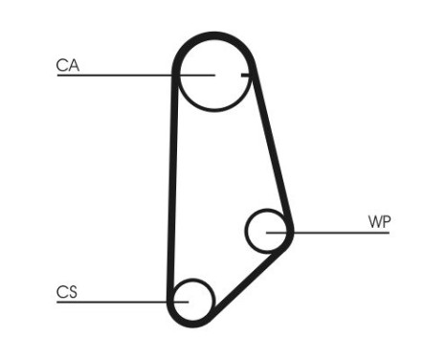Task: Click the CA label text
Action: (x=67, y=65)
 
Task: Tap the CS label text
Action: (x=67, y=292)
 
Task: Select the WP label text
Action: (x=379, y=222)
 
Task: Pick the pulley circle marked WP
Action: (x=267, y=230)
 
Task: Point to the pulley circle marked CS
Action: (x=192, y=300)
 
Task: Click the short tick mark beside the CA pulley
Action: (x=246, y=75)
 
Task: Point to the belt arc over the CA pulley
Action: (x=212, y=37)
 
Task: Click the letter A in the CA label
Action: (x=73, y=65)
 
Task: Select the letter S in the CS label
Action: (x=73, y=292)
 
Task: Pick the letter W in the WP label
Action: (x=374, y=222)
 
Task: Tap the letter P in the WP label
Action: (x=386, y=222)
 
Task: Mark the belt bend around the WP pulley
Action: (x=290, y=230)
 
